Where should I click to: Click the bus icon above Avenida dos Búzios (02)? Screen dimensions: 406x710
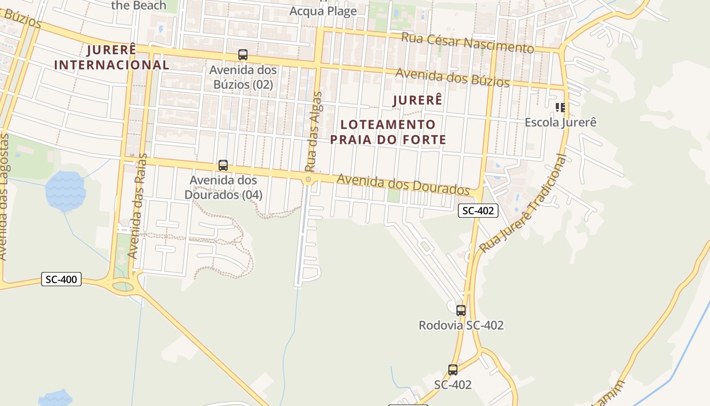tap(243, 55)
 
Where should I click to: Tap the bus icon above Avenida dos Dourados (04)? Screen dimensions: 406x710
tap(223, 165)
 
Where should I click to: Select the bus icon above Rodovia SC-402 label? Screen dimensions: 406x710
tap(461, 311)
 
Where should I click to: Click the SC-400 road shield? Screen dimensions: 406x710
tap(61, 279)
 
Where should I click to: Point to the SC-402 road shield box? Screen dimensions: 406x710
tap(478, 211)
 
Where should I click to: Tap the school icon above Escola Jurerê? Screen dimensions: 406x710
tap(560, 108)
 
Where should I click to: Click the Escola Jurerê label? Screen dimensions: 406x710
tap(560, 122)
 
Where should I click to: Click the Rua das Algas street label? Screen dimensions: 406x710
tap(314, 132)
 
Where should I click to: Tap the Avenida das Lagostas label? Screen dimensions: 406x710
tap(5, 198)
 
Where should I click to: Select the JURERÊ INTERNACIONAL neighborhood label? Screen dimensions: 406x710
tap(112, 57)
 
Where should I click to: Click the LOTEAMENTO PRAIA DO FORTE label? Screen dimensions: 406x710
tap(388, 132)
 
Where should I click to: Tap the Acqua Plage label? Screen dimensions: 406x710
tap(323, 11)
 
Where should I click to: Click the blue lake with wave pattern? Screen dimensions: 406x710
tap(65, 191)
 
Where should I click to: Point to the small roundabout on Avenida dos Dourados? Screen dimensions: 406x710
tap(308, 180)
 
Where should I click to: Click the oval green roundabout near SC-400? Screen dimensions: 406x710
tap(122, 287)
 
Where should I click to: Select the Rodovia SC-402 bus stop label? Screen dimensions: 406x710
tap(461, 325)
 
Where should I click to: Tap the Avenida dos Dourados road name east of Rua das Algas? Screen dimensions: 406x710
tap(403, 184)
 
